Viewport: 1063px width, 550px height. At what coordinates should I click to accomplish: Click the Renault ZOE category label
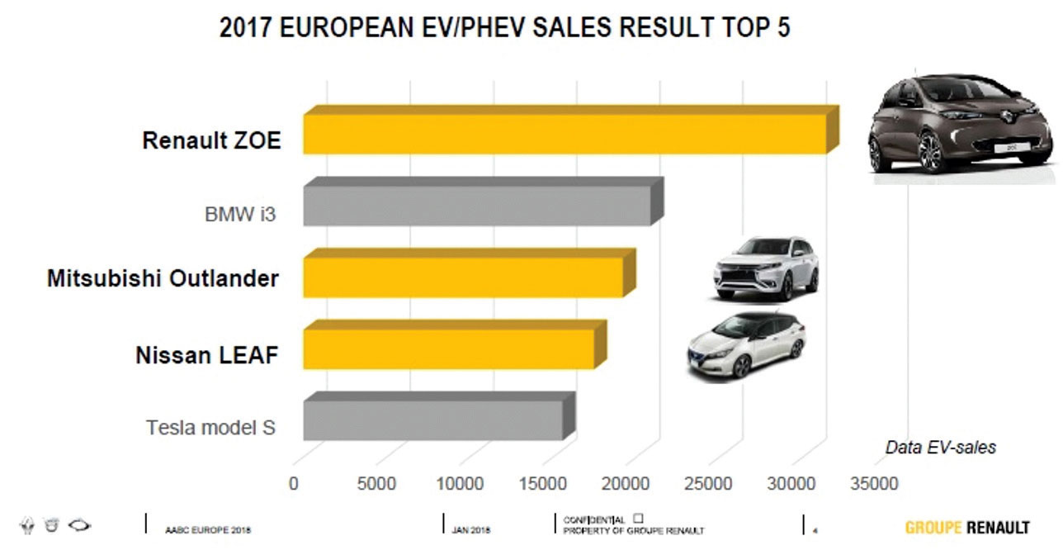click(x=211, y=140)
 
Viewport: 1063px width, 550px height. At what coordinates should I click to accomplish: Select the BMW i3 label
click(x=239, y=216)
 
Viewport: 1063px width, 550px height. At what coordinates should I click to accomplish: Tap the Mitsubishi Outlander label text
click(x=163, y=278)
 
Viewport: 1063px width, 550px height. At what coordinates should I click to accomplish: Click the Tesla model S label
click(x=210, y=428)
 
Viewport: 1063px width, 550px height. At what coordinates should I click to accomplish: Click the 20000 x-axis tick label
click(x=625, y=484)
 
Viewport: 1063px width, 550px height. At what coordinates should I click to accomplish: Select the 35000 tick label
click(x=875, y=484)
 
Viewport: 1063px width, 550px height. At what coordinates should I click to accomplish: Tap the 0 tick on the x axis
click(x=294, y=484)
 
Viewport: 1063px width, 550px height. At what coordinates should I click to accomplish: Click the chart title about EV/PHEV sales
click(x=504, y=27)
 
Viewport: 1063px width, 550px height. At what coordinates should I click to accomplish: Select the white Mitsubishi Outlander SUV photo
click(x=767, y=268)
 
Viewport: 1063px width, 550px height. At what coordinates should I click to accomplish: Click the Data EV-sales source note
click(x=940, y=448)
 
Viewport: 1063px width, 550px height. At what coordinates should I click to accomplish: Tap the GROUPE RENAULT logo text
click(x=966, y=527)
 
